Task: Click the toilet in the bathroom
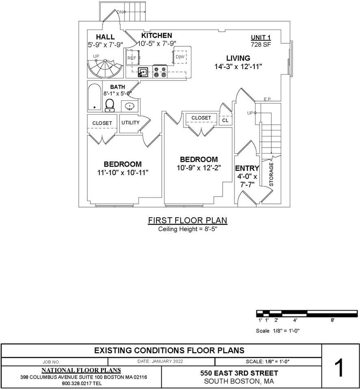click(x=109, y=105)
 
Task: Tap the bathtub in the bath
click(x=95, y=97)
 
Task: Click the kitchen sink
click(x=143, y=72)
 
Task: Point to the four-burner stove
click(x=160, y=72)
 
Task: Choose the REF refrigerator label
click(x=132, y=58)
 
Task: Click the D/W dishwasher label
click(x=180, y=56)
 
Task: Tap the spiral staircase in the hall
click(x=104, y=69)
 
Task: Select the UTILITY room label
click(x=130, y=123)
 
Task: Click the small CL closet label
click(x=225, y=120)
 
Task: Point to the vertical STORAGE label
click(x=271, y=174)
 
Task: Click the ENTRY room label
click(x=247, y=168)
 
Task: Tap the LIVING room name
click(x=238, y=58)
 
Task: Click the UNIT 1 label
click(x=261, y=38)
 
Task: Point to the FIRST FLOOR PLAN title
click(x=187, y=221)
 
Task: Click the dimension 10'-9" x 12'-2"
click(x=199, y=168)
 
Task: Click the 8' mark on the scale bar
click(x=332, y=320)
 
